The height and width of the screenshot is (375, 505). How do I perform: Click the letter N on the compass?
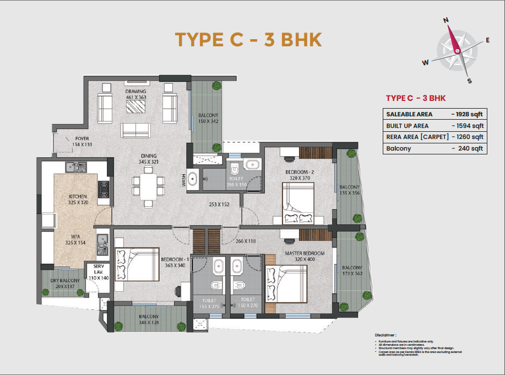(x=446, y=21)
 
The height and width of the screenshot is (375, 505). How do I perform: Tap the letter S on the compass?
(x=469, y=81)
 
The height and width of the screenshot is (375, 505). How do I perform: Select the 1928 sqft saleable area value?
(x=466, y=114)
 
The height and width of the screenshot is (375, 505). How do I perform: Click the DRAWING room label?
(x=135, y=91)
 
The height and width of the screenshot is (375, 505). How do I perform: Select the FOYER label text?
(x=83, y=138)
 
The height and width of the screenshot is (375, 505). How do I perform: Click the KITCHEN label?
(x=78, y=196)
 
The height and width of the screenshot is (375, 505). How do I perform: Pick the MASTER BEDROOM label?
(x=305, y=253)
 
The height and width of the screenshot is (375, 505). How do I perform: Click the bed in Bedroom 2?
(x=298, y=202)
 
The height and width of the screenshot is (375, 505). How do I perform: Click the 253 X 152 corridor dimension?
(x=219, y=205)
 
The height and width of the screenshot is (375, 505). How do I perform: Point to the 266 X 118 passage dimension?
(x=246, y=240)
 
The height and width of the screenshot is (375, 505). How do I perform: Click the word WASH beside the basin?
(x=184, y=180)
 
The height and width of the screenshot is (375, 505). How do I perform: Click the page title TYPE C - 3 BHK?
(x=248, y=40)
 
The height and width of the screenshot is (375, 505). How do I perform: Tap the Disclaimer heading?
(x=385, y=335)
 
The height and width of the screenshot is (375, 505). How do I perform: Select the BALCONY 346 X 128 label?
(x=149, y=319)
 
